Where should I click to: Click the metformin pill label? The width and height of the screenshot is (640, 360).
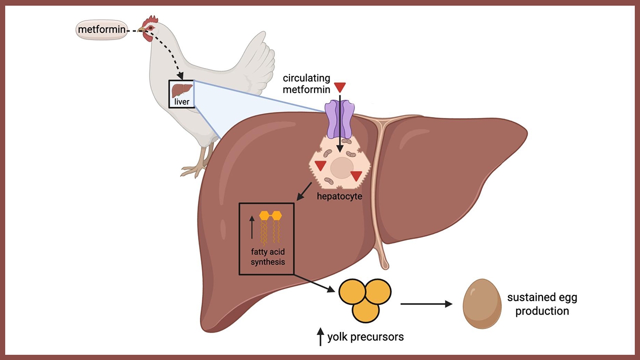[101, 30]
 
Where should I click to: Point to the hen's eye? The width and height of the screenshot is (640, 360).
[148, 28]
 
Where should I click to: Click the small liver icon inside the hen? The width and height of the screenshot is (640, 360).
[182, 90]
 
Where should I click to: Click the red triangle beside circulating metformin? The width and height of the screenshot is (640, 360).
[340, 87]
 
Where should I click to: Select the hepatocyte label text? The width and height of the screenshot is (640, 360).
[339, 196]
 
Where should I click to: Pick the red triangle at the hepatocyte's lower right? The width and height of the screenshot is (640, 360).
[356, 175]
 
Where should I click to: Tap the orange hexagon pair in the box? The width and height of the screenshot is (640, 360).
[270, 215]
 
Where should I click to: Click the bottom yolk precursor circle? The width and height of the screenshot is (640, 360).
[365, 309]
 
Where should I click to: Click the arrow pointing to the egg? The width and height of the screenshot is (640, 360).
[426, 303]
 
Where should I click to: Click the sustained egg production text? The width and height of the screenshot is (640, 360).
[542, 304]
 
